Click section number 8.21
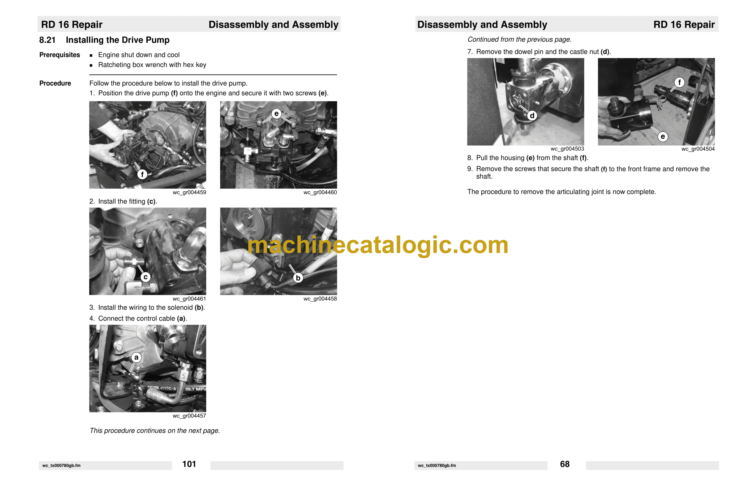tap(47, 40)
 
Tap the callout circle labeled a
tap(136, 358)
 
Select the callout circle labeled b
tap(298, 278)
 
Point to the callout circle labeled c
tap(145, 277)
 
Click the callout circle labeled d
tap(532, 115)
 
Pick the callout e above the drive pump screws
tap(276, 114)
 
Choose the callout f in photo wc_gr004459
tap(142, 174)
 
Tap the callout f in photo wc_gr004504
tap(679, 83)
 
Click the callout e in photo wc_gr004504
tap(663, 136)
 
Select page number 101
tap(189, 464)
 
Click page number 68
tap(565, 464)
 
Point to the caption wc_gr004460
tap(320, 192)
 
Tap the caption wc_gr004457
tap(189, 416)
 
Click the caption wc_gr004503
tap(567, 149)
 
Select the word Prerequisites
tap(60, 55)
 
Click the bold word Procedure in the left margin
tap(55, 83)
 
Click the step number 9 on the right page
tap(470, 169)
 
